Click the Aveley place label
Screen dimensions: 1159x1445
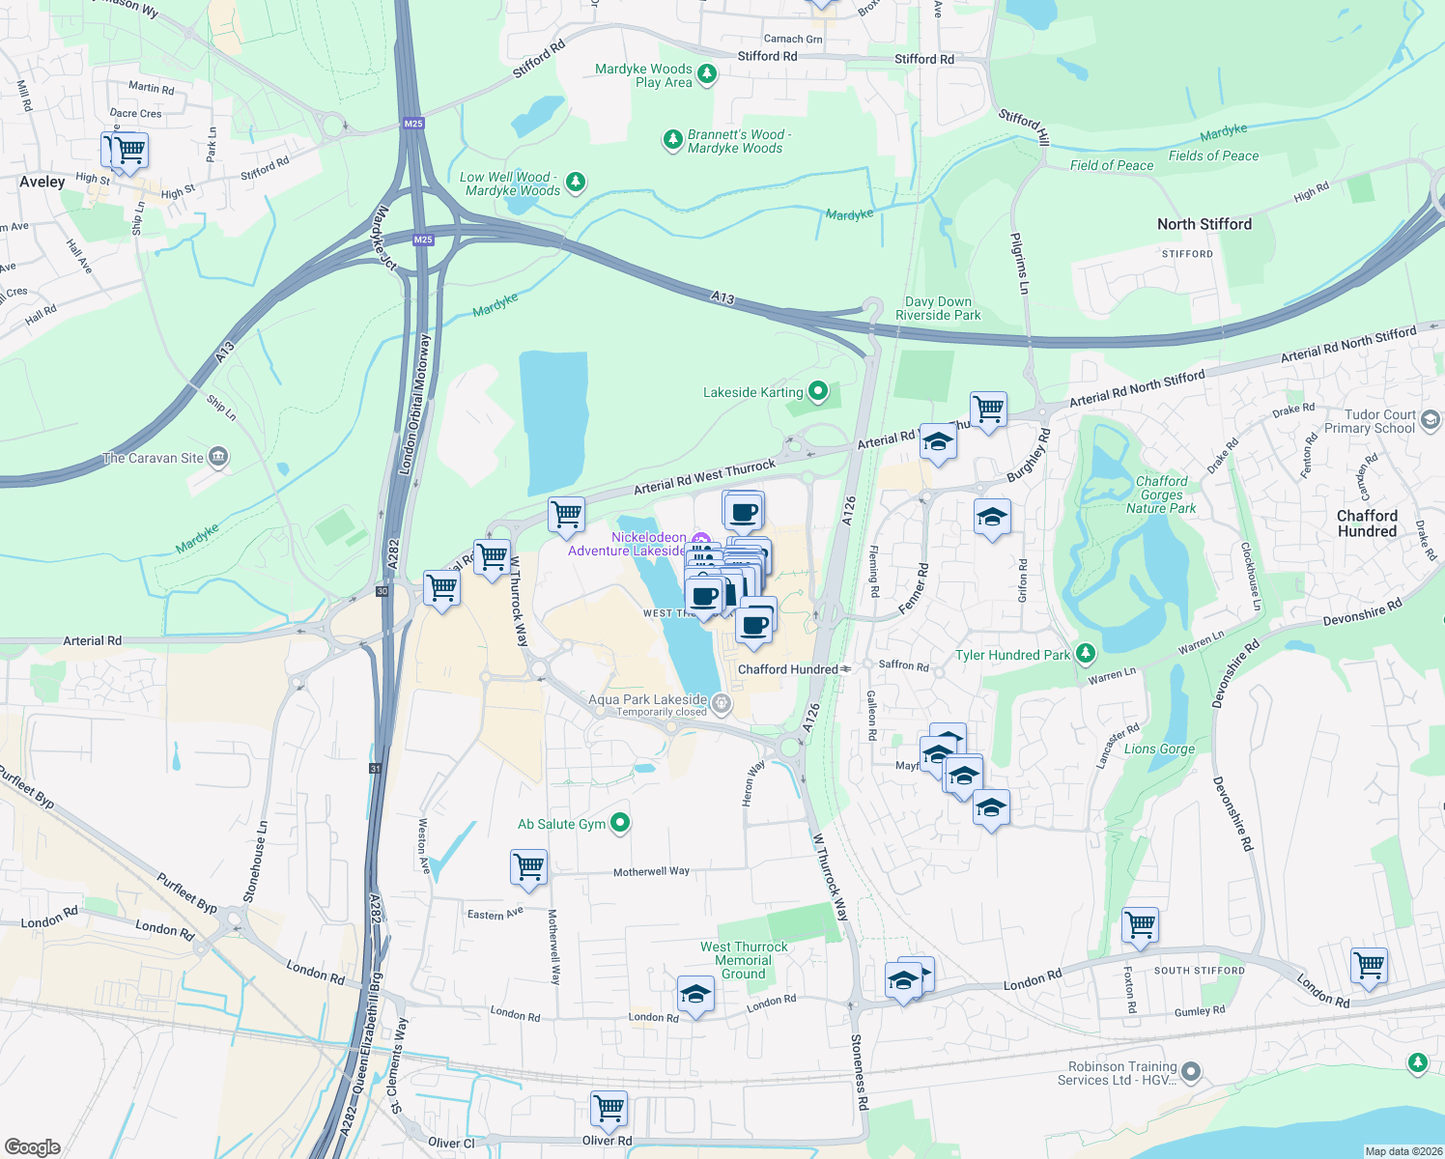[42, 182]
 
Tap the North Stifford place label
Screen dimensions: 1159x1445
[1204, 224]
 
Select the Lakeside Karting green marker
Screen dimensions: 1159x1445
[818, 391]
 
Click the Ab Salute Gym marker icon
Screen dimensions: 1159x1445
[620, 823]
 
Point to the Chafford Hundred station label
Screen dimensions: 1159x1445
[788, 669]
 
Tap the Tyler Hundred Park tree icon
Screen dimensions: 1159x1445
[1085, 654]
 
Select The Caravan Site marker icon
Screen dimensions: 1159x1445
[218, 457]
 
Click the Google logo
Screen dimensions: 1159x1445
[32, 1146]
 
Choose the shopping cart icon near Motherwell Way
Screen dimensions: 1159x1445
[528, 866]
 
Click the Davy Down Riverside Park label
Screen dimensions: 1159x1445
[938, 308]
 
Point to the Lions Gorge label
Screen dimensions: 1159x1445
[1159, 749]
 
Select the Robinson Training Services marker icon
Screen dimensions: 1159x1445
[1191, 1071]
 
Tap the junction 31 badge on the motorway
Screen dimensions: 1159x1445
[375, 769]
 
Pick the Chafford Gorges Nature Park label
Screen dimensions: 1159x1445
[1161, 495]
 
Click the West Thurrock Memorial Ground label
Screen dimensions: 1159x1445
[744, 960]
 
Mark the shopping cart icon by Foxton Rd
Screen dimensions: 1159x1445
[1140, 923]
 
